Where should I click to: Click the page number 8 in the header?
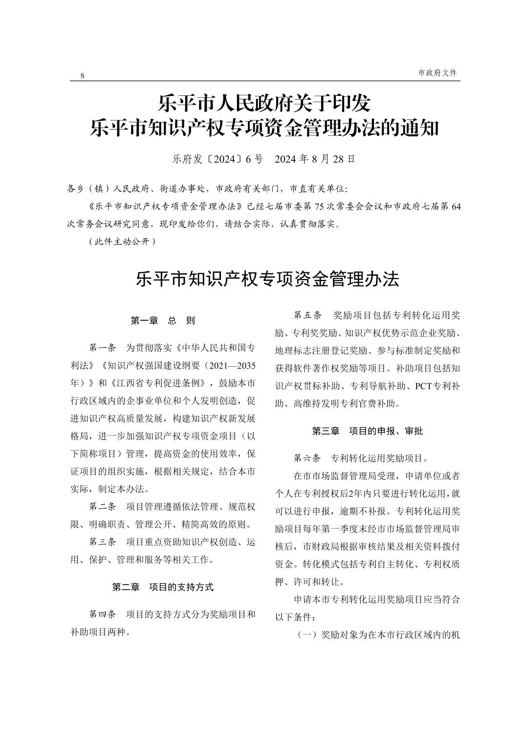click(82, 75)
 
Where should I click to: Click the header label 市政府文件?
click(437, 72)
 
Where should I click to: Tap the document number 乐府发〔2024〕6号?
click(218, 159)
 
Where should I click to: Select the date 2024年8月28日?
click(315, 159)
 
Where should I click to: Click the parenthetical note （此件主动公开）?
click(122, 241)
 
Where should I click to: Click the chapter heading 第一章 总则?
click(163, 321)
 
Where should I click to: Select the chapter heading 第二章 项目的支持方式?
click(163, 587)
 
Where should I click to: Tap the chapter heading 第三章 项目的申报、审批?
click(368, 431)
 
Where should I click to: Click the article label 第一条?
click(102, 348)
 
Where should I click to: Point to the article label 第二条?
click(102, 506)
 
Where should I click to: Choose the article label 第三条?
click(102, 542)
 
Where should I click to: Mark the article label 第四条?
click(102, 614)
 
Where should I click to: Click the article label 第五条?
click(307, 314)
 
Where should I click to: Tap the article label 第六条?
click(307, 458)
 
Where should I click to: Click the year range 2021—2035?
click(232, 366)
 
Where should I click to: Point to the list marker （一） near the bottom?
click(308, 635)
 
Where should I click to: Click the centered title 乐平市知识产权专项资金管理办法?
click(268, 279)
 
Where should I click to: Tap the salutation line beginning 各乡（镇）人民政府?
click(208, 188)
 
